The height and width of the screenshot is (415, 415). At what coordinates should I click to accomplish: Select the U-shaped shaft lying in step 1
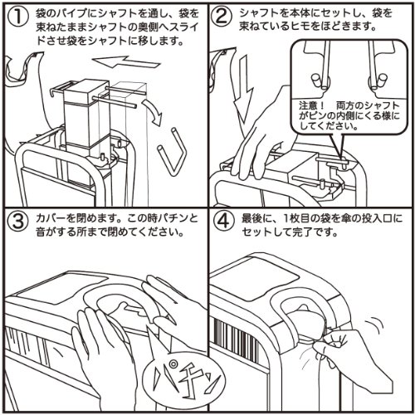pyautogui.click(x=177, y=145)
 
